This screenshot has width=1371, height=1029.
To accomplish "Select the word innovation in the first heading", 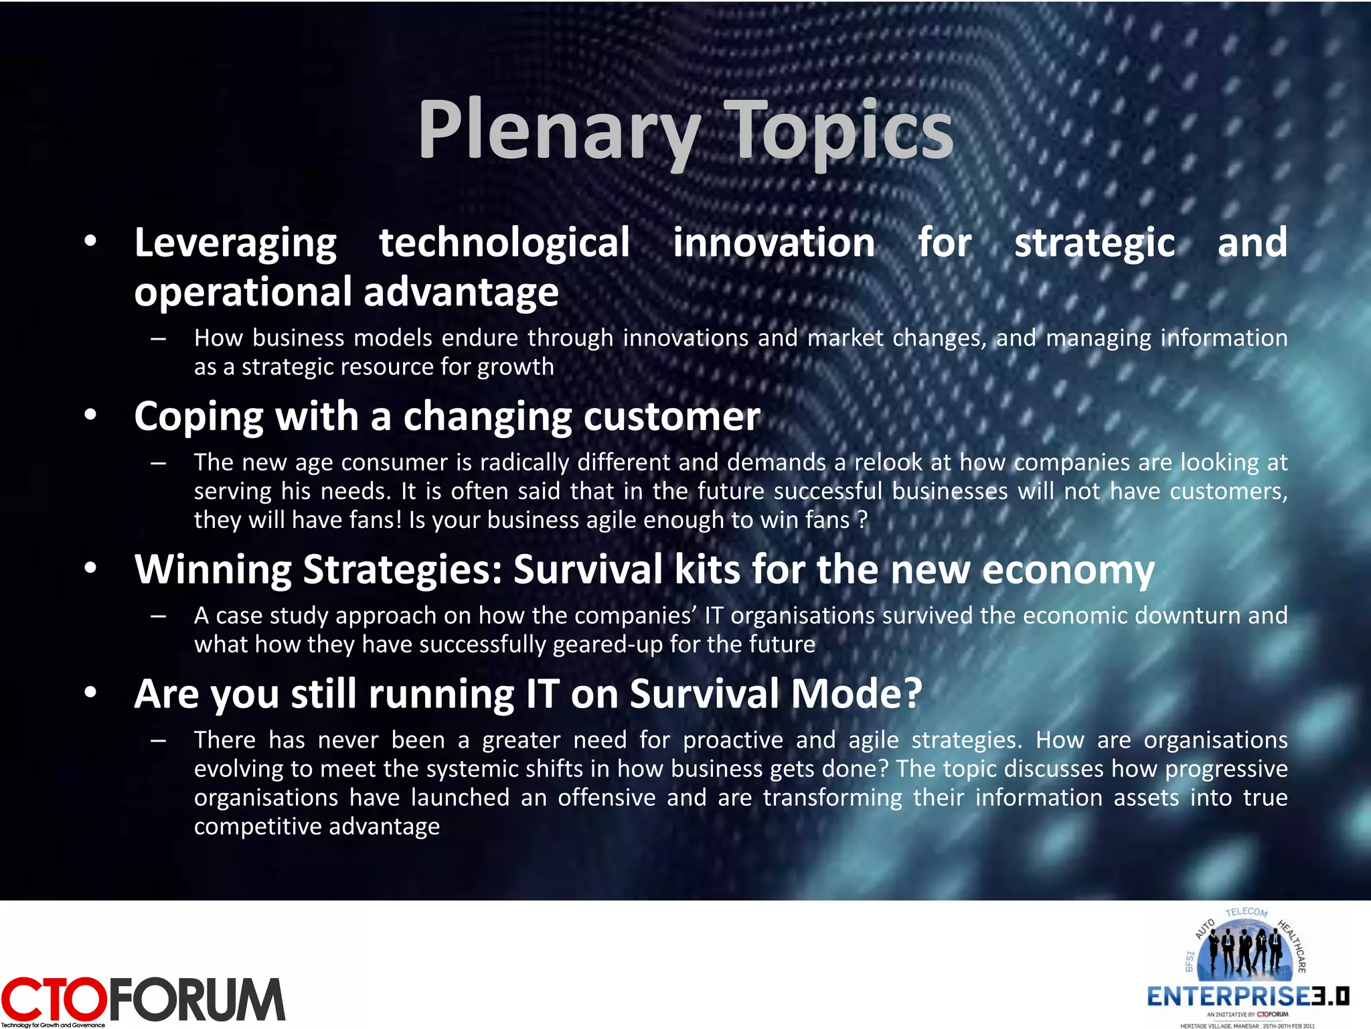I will [x=773, y=243].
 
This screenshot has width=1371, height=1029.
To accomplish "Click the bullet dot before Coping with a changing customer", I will [x=91, y=415].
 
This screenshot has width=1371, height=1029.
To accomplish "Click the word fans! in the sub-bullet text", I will [x=374, y=521].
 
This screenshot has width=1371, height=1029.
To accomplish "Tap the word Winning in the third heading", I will [x=212, y=570].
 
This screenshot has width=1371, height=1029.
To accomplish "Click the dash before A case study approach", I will [x=159, y=616].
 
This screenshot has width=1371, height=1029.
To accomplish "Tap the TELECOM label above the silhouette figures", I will [x=1246, y=912].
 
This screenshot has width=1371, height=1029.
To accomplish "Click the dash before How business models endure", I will [x=159, y=339].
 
